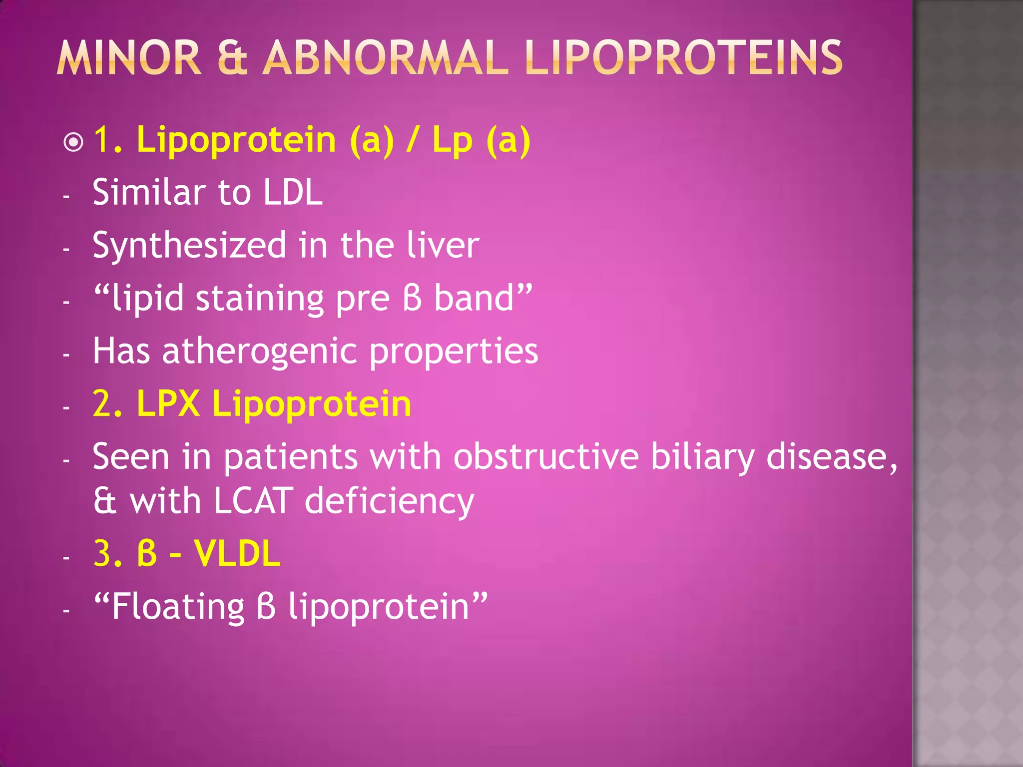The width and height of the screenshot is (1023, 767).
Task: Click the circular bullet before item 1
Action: [x=74, y=142]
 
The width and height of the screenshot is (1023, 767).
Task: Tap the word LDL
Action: [x=293, y=192]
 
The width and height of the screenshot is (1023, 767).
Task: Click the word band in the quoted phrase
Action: [x=474, y=299]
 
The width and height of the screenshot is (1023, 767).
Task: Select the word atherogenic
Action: [x=260, y=351]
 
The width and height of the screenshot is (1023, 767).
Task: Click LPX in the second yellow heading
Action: [x=168, y=403]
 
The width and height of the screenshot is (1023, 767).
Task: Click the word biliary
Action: [x=702, y=457]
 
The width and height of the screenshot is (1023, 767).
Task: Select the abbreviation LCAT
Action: [x=253, y=501]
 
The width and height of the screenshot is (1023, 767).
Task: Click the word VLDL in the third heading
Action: [x=237, y=554]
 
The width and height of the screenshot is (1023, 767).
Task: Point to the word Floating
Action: [x=178, y=607]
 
